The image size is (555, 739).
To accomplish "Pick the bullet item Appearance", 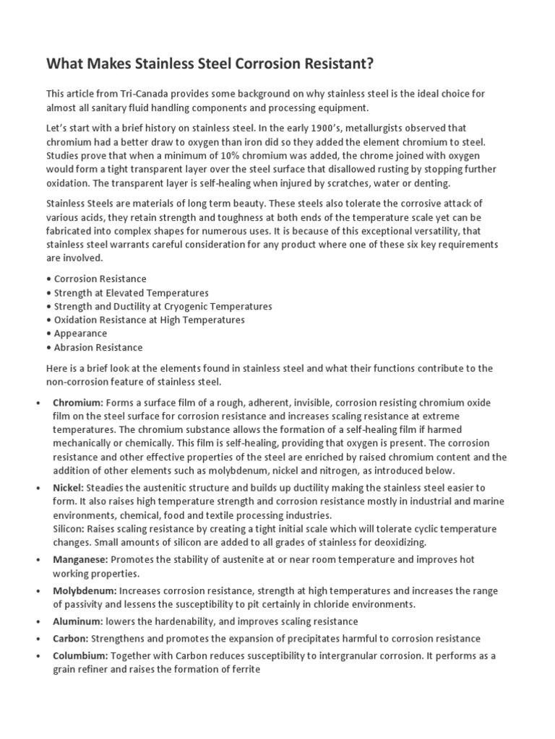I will click(x=79, y=333).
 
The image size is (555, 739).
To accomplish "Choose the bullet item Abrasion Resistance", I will click(x=98, y=347).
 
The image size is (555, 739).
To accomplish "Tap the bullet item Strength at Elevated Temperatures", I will click(x=131, y=292).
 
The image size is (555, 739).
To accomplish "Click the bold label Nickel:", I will click(x=69, y=488).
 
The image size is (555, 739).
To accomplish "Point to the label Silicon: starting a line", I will click(x=69, y=529).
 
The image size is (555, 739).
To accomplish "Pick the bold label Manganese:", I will click(x=80, y=559).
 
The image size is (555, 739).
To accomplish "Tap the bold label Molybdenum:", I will click(x=85, y=590).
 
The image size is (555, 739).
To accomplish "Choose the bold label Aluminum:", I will click(x=77, y=621).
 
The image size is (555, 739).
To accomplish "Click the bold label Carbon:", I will click(x=71, y=639).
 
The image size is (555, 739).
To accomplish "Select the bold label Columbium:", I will click(x=80, y=655).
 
